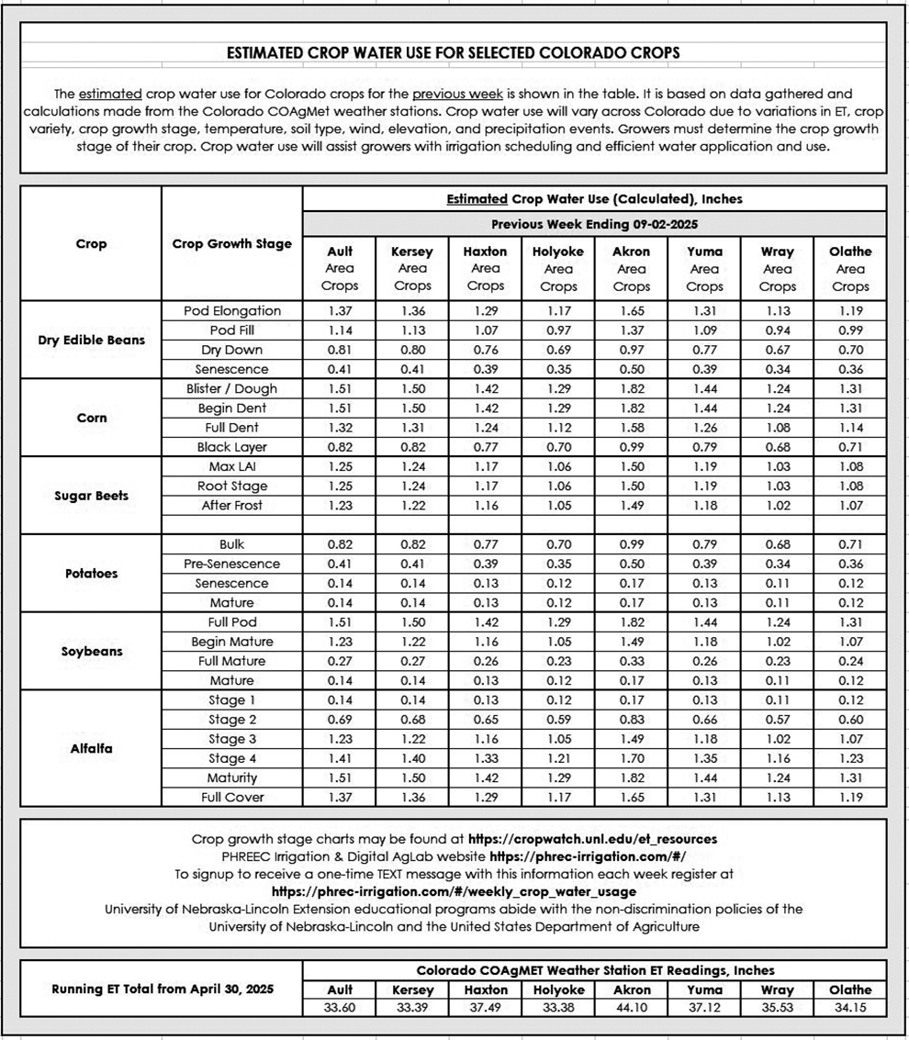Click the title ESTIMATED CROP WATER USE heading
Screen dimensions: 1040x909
tap(454, 53)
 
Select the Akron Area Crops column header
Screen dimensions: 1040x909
tap(631, 268)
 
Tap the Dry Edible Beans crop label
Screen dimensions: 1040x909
tap(91, 341)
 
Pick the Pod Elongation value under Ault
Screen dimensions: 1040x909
tap(340, 311)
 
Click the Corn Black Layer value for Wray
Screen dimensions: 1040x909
tap(777, 447)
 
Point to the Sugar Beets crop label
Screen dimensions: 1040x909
tap(91, 496)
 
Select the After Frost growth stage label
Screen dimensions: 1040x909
tap(232, 505)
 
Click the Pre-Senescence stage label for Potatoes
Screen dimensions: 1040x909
tap(232, 564)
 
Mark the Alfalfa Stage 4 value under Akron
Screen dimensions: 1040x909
tap(631, 758)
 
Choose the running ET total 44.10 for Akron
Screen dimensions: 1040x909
tap(631, 1007)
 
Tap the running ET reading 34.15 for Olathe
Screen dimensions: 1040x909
tap(849, 1007)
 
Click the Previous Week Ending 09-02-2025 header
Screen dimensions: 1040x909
tap(594, 224)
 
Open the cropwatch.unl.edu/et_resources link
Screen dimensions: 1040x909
tap(592, 838)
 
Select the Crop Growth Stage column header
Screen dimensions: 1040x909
tap(232, 243)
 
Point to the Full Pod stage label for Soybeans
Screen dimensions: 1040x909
tap(232, 621)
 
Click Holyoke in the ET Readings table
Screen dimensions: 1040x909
tap(558, 990)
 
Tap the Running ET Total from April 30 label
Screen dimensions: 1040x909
tap(162, 989)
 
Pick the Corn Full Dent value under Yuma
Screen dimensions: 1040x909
tap(704, 428)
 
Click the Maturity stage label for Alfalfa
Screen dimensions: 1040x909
tap(232, 777)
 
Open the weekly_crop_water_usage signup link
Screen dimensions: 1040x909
tap(454, 890)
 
